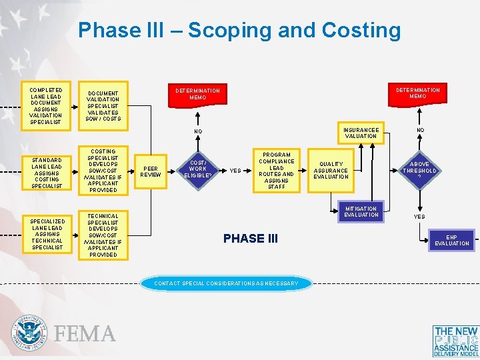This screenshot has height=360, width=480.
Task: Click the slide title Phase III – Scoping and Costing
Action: click(239, 30)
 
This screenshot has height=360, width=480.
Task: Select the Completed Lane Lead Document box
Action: click(46, 105)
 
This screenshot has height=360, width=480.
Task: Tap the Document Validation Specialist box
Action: click(103, 106)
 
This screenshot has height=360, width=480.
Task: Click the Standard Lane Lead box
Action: click(46, 173)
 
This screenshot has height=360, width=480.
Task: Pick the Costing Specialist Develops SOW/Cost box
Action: click(103, 171)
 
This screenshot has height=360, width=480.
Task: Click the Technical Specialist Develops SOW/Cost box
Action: click(103, 235)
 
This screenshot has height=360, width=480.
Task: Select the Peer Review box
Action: click(151, 171)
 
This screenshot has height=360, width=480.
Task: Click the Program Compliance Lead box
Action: click(276, 171)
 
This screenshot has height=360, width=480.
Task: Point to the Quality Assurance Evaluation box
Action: click(331, 170)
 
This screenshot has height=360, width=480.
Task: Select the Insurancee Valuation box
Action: click(361, 133)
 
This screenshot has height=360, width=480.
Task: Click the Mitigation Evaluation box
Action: click(361, 212)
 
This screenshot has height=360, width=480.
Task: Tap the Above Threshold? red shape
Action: click(419, 170)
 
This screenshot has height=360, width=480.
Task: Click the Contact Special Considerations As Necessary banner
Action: click(227, 283)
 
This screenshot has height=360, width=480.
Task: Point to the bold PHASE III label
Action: click(251, 238)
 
